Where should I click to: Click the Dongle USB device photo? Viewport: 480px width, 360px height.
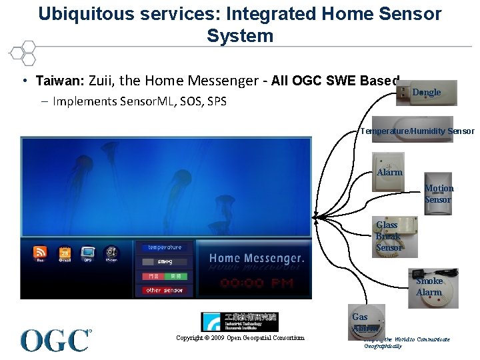426,94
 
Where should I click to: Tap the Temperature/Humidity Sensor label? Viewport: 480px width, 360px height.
417,131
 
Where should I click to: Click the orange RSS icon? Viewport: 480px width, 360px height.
41,253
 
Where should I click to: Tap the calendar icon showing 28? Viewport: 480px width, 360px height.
65,253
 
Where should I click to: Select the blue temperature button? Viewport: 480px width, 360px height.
164,247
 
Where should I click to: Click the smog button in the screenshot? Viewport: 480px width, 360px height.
164,262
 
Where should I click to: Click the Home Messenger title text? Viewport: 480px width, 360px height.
257,258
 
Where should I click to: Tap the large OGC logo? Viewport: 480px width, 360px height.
56,340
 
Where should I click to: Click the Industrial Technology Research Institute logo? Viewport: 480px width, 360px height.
239,322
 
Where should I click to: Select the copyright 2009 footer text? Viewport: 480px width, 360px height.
240,338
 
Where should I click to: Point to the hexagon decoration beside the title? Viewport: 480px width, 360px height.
23,53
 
